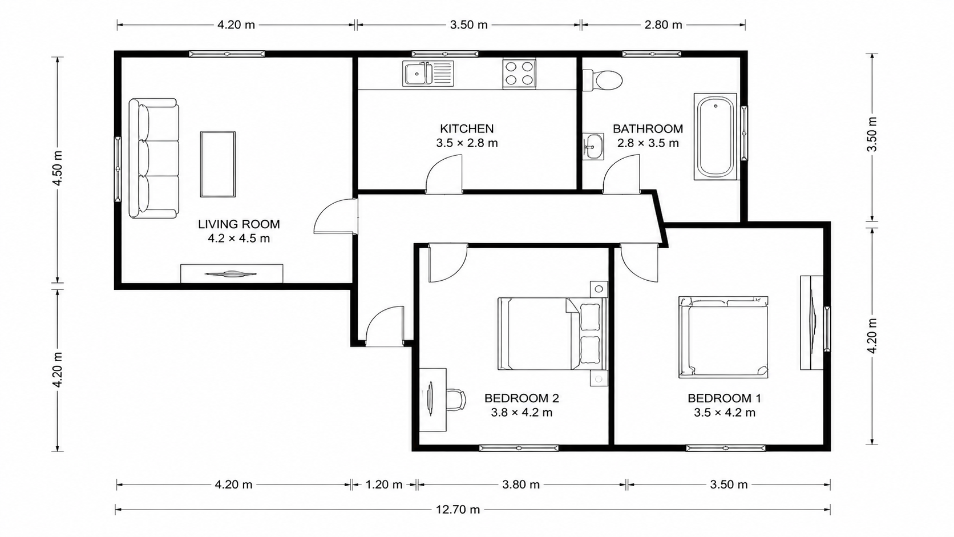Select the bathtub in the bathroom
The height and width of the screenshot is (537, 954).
click(x=715, y=136)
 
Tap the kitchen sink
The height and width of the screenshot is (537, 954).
click(x=428, y=73)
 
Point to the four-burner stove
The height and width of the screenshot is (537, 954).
click(x=519, y=73)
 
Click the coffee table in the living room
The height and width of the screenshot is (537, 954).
click(x=217, y=164)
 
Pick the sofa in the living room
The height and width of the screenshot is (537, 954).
click(x=153, y=159)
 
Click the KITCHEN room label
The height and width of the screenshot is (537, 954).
click(x=467, y=128)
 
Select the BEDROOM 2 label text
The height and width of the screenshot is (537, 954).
click(x=522, y=398)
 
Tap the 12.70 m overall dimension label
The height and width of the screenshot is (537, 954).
click(x=458, y=509)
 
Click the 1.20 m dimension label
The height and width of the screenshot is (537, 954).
click(x=384, y=484)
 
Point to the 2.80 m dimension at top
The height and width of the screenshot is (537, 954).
click(x=663, y=25)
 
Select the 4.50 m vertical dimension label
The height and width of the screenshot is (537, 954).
click(x=58, y=168)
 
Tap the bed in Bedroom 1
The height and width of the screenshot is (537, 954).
click(x=723, y=337)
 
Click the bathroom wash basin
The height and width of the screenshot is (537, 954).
click(x=593, y=147)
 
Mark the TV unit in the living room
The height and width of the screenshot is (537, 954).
click(x=232, y=273)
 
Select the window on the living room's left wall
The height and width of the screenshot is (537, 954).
click(x=118, y=169)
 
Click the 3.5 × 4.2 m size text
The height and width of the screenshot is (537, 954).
click(x=725, y=413)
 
